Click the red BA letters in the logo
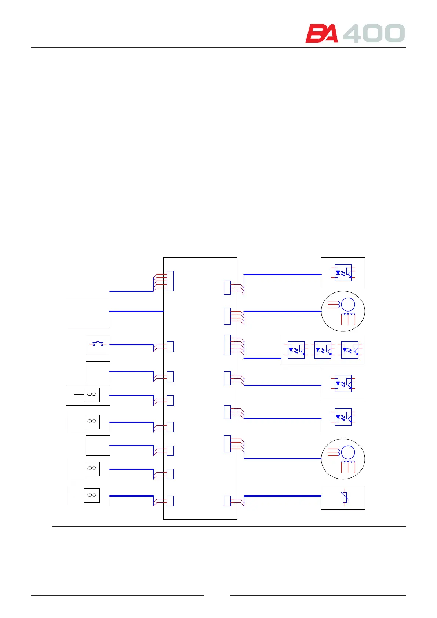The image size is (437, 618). tap(321, 34)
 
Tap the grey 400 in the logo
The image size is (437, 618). tap(374, 33)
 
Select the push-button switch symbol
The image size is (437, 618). tap(98, 344)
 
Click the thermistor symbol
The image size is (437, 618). tap(345, 498)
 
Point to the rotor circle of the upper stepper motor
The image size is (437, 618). tap(348, 305)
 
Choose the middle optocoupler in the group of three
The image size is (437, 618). tap(323, 350)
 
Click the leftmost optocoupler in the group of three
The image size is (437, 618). tap(296, 350)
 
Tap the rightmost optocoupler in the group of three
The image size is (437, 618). tap(350, 350)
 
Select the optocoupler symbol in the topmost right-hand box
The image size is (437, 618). tap(343, 273)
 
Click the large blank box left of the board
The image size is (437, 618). tap(88, 313)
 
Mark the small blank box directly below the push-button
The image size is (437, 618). tap(98, 371)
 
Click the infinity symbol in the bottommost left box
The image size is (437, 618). tap(92, 495)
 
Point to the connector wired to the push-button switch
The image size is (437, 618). tap(170, 346)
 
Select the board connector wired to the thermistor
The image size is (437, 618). tap(227, 501)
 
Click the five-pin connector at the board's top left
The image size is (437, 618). tap(170, 281)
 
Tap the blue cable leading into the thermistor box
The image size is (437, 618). tap(283, 496)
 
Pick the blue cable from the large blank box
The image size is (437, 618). tap(136, 311)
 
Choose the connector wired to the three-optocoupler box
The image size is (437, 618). tap(227, 345)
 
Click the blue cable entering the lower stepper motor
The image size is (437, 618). tap(283, 459)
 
